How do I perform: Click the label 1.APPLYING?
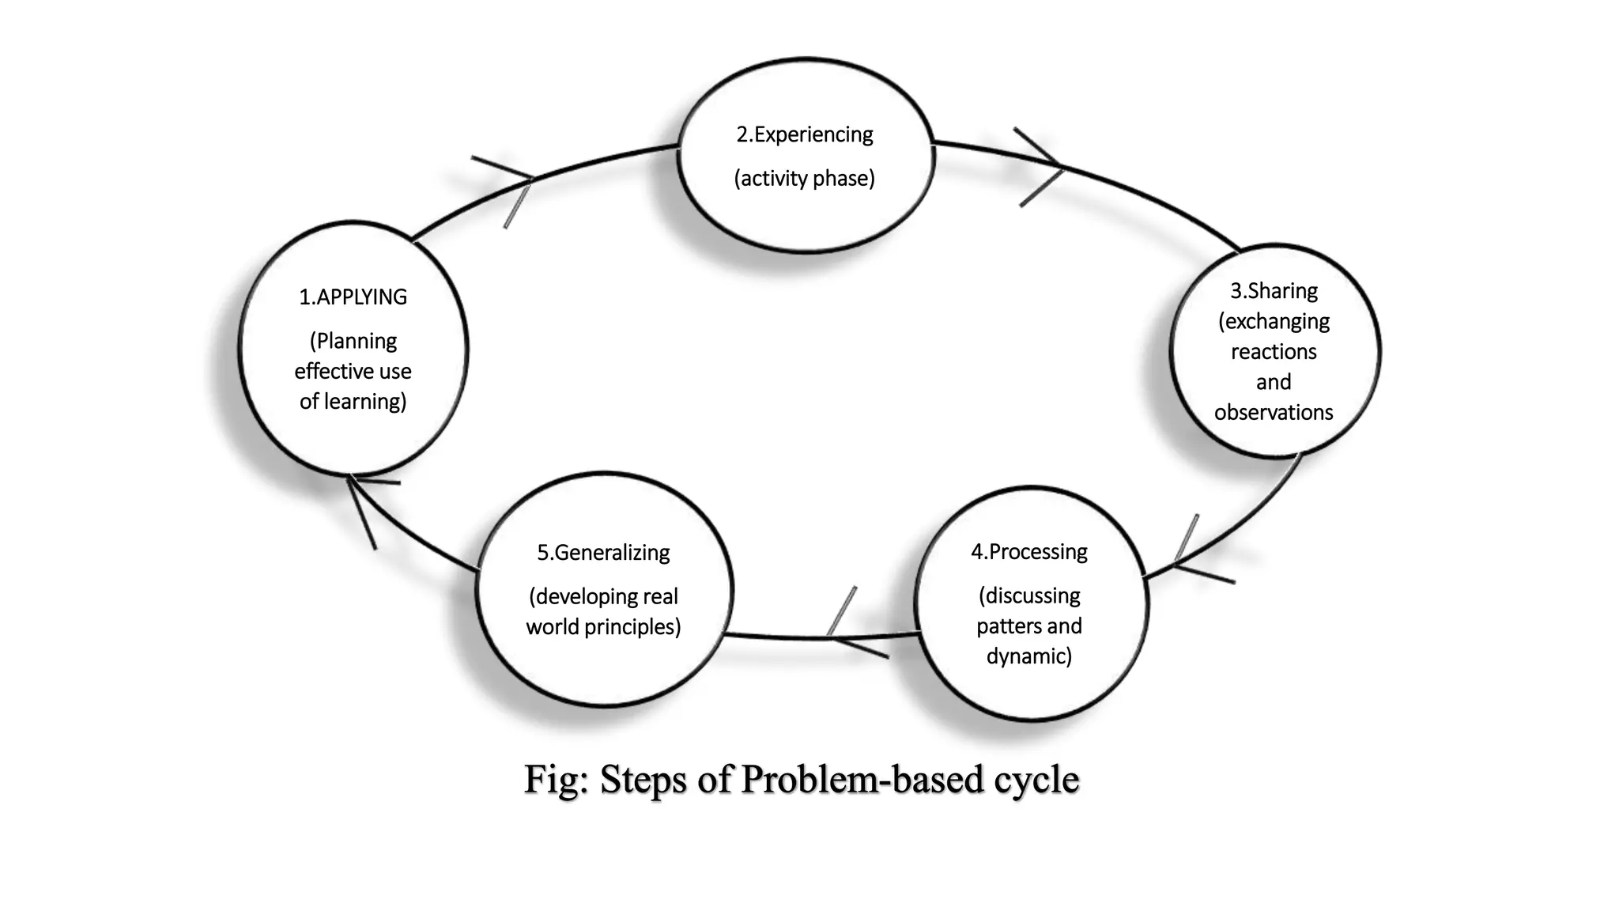tap(353, 297)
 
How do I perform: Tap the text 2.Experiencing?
tap(805, 135)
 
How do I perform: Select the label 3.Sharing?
tap(1274, 291)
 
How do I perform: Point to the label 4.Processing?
tap(1028, 552)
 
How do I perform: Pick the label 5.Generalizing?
tap(603, 553)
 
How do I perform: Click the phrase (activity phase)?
tap(805, 179)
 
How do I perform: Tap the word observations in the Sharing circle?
tap(1274, 413)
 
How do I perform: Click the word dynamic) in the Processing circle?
tap(1028, 656)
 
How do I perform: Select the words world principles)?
tap(603, 627)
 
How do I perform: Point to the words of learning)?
tap(353, 402)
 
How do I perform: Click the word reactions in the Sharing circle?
tap(1274, 352)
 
